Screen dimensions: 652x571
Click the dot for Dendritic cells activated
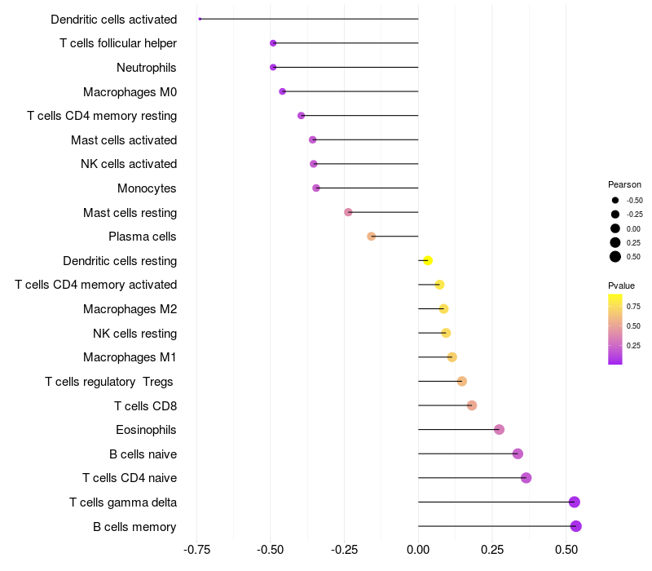click(x=200, y=19)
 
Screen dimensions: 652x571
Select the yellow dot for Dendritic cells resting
click(x=428, y=260)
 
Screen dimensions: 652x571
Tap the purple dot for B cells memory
click(x=576, y=526)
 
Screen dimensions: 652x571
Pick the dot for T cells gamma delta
click(x=575, y=502)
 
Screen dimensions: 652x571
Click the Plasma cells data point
click(x=372, y=237)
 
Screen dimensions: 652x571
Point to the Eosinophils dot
click(x=499, y=430)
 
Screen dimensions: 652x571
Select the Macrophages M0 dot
click(x=282, y=91)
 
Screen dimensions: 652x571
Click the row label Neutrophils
click(x=147, y=68)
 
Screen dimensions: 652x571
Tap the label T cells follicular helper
click(x=118, y=43)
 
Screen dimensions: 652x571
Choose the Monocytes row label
click(x=147, y=188)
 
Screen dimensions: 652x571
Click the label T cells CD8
click(x=146, y=405)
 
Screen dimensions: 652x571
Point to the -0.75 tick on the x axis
click(x=196, y=550)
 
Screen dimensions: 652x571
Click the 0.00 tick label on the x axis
click(x=418, y=550)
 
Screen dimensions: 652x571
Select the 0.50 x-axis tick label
click(x=566, y=550)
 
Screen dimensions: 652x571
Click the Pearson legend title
click(x=624, y=184)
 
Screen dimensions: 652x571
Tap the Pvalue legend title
click(x=621, y=285)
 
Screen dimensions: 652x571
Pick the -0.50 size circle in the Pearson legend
click(x=615, y=200)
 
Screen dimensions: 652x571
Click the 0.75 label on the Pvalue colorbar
click(x=633, y=307)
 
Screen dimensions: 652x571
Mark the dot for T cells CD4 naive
click(x=526, y=478)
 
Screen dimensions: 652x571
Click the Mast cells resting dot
click(x=348, y=212)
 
